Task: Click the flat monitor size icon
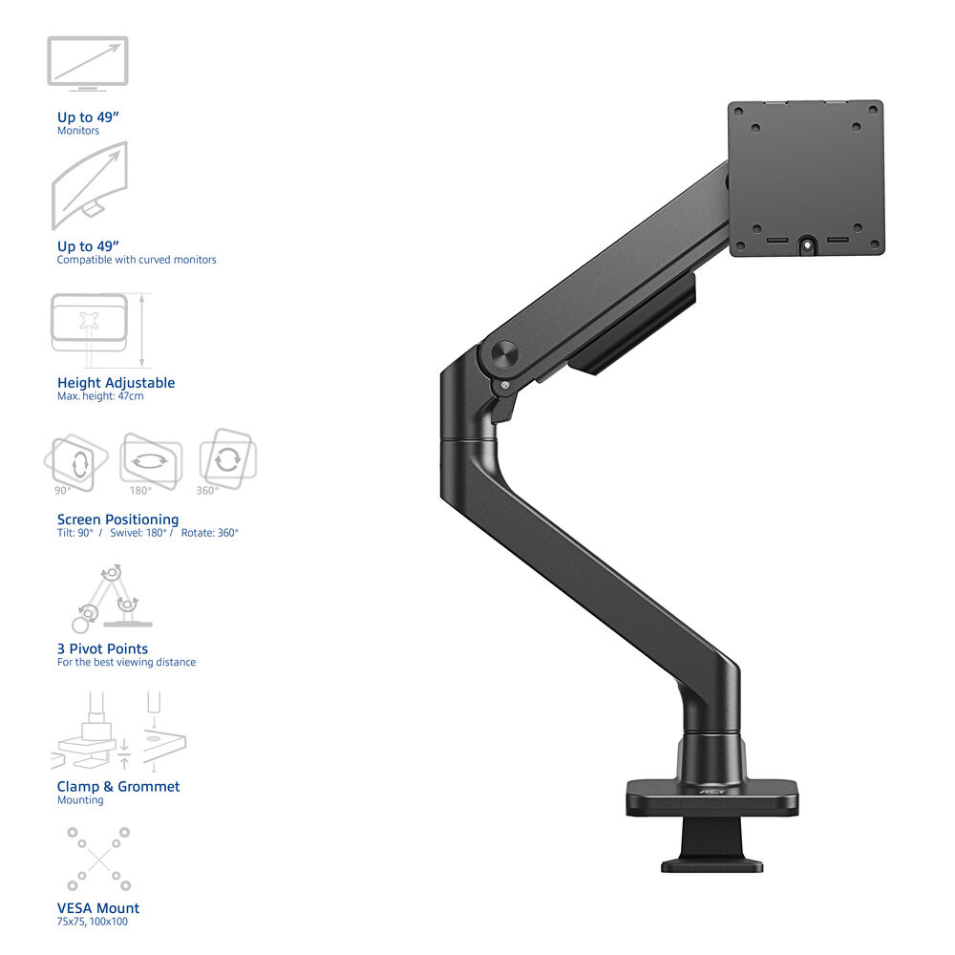point(88,64)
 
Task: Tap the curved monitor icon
point(90,185)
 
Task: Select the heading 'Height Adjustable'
point(116,383)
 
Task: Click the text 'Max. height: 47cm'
point(100,396)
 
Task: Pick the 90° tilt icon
point(75,462)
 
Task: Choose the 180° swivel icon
point(151,461)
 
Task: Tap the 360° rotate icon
point(228,458)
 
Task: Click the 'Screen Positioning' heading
point(117,520)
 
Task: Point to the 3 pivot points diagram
point(112,600)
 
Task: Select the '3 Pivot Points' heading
point(102,648)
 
